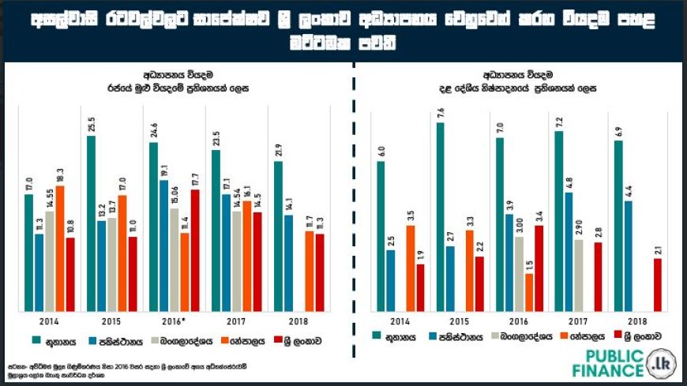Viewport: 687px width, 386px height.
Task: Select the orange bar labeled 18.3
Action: [59, 248]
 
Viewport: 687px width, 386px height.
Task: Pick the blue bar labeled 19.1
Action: [163, 245]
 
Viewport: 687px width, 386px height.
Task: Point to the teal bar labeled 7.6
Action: [440, 216]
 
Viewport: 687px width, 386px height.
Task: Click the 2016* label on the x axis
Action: [174, 322]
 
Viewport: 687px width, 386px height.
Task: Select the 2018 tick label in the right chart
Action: [636, 322]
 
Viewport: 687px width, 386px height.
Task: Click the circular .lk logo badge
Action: [660, 362]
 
